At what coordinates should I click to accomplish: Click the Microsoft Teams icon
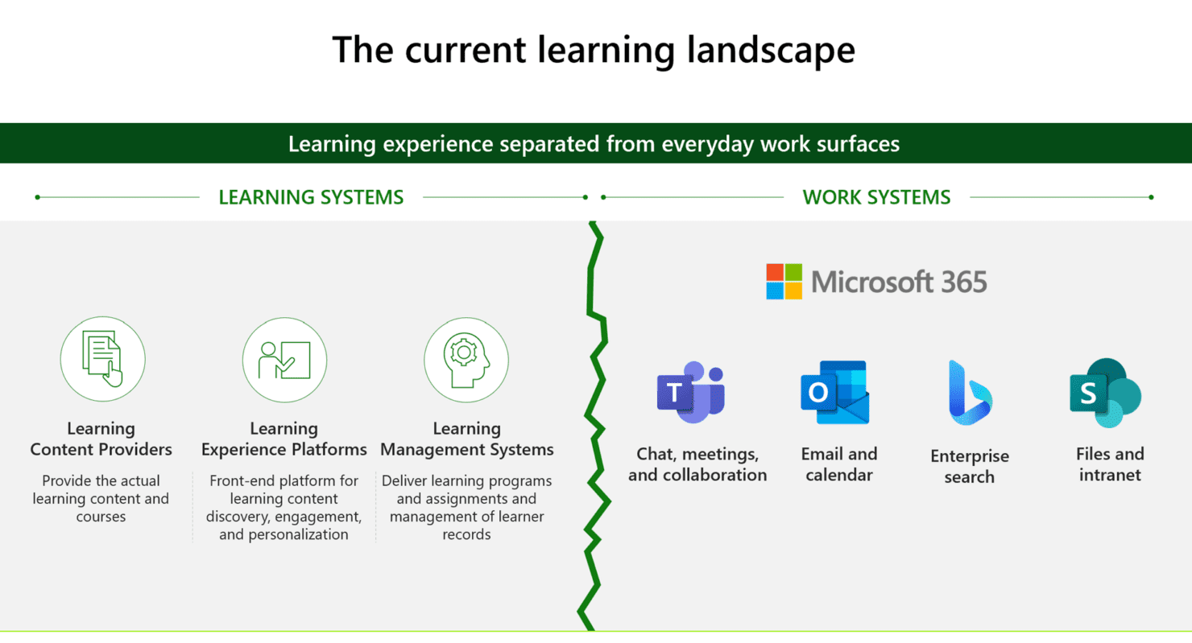pyautogui.click(x=691, y=392)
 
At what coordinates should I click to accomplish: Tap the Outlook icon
pyautogui.click(x=834, y=392)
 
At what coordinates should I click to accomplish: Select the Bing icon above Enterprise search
pyautogui.click(x=969, y=393)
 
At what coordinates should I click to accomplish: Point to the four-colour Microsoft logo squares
pyautogui.click(x=784, y=282)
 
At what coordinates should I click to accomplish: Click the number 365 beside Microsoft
pyautogui.click(x=958, y=282)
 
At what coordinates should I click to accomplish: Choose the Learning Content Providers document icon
pyautogui.click(x=102, y=359)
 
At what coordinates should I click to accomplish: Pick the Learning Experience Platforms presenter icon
pyautogui.click(x=284, y=359)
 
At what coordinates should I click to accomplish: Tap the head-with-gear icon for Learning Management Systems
pyautogui.click(x=466, y=359)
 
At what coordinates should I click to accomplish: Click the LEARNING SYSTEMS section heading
pyautogui.click(x=311, y=197)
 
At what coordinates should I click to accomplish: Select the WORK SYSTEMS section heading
pyautogui.click(x=876, y=197)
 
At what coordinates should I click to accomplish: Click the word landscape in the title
pyautogui.click(x=766, y=50)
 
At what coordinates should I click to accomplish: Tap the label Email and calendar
pyautogui.click(x=838, y=464)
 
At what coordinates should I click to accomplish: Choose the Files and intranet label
pyautogui.click(x=1109, y=464)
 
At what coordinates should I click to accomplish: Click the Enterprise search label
pyautogui.click(x=969, y=467)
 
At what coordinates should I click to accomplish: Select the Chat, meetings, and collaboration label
pyautogui.click(x=697, y=464)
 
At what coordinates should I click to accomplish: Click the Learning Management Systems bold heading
pyautogui.click(x=466, y=439)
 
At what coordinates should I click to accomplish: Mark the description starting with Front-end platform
pyautogui.click(x=284, y=508)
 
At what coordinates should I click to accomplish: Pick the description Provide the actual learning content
pyautogui.click(x=101, y=499)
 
